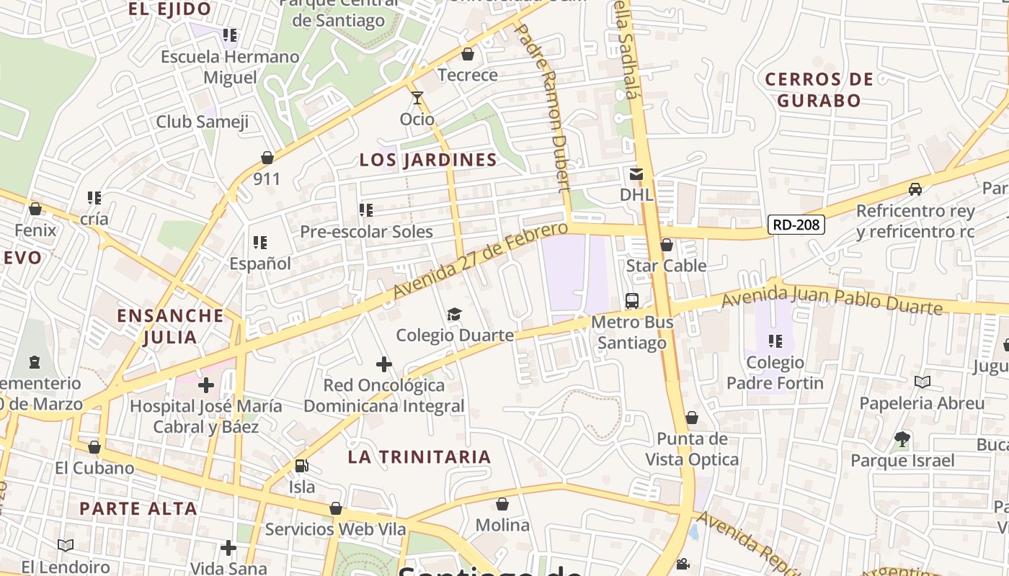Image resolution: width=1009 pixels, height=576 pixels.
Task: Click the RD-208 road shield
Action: (796, 225)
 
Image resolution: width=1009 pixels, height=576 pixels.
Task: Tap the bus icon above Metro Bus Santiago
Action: (632, 301)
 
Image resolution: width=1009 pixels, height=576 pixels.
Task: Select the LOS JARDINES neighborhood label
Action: (428, 160)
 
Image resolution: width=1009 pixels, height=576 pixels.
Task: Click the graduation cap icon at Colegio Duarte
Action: (454, 315)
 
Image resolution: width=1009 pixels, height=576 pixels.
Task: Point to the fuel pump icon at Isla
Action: (302, 466)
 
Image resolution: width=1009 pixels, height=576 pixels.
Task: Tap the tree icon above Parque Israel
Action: (902, 438)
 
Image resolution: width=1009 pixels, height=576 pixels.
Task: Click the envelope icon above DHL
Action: (636, 174)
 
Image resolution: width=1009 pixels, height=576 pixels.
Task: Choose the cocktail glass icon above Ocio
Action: (417, 98)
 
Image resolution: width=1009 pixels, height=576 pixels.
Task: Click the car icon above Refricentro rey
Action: (915, 189)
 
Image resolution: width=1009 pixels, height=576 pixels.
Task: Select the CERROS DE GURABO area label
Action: (819, 89)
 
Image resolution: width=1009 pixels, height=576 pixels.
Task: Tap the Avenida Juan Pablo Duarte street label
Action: (832, 298)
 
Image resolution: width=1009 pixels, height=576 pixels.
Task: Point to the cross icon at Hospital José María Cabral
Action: (206, 385)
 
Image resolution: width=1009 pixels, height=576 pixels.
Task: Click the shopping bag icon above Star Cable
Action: (667, 245)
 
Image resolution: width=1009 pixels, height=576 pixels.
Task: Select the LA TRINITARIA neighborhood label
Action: (419, 456)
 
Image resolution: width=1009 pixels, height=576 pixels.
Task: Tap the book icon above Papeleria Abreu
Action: (922, 382)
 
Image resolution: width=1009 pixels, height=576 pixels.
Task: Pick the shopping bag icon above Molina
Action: (502, 504)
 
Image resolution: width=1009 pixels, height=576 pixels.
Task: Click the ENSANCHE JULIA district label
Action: (170, 326)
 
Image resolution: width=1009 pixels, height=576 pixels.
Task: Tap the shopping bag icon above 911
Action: (267, 157)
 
